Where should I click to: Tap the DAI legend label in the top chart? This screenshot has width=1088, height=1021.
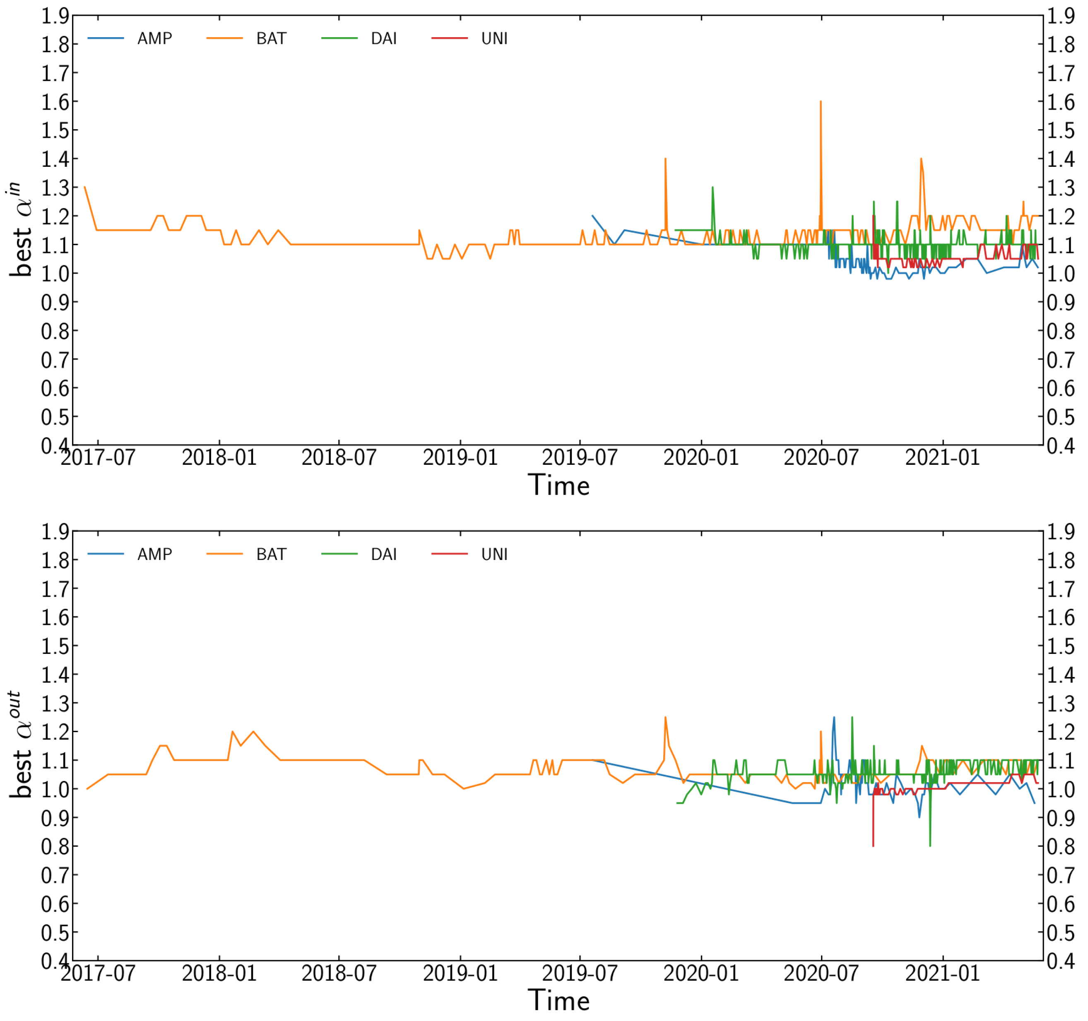(384, 38)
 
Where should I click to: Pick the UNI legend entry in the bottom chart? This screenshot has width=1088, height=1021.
(494, 554)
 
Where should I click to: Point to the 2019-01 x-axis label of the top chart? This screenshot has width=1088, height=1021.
(460, 457)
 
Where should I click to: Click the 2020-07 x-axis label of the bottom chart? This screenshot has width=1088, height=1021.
(821, 973)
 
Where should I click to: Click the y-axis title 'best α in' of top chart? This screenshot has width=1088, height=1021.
(20, 230)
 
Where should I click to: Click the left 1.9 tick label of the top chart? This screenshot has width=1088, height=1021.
(55, 16)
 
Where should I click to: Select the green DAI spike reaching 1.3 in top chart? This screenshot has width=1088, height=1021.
(712, 188)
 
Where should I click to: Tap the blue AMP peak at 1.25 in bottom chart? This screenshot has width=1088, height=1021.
(834, 718)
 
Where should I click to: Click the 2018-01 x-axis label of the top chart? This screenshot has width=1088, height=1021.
(219, 457)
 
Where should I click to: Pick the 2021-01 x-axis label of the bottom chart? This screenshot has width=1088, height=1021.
(942, 973)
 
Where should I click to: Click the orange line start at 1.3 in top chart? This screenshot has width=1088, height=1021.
(85, 187)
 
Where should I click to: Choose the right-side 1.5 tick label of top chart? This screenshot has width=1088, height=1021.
(1061, 130)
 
